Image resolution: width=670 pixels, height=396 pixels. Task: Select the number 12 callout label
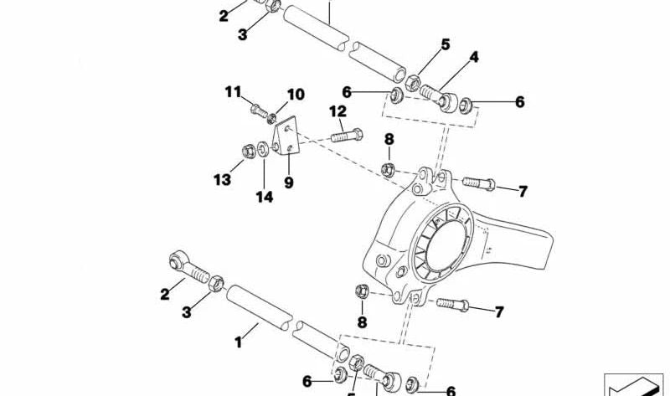(x=338, y=111)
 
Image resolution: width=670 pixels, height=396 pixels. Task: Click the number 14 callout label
(x=265, y=198)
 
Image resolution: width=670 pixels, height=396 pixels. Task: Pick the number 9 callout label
(x=289, y=180)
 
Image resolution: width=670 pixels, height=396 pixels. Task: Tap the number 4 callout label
(x=474, y=58)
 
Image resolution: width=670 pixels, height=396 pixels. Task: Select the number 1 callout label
(x=238, y=342)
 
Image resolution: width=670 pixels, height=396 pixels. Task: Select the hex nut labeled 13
(x=249, y=152)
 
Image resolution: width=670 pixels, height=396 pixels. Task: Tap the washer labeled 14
(x=264, y=149)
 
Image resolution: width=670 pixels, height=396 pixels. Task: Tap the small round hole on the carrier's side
(x=380, y=257)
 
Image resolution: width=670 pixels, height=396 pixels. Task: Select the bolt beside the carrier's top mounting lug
(x=477, y=181)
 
